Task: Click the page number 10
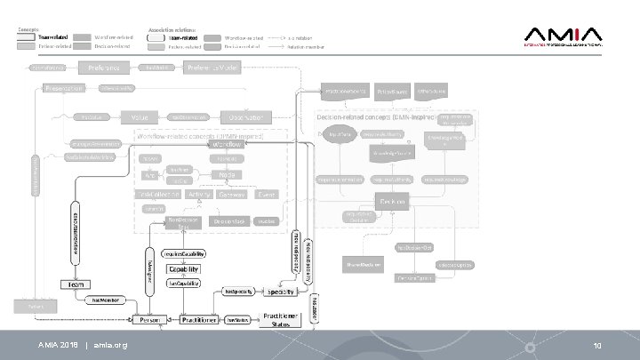pyautogui.click(x=597, y=344)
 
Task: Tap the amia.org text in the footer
pyautogui.click(x=111, y=344)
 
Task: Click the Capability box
pyautogui.click(x=184, y=268)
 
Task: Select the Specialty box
pyautogui.click(x=281, y=291)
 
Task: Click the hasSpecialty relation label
pyautogui.click(x=240, y=291)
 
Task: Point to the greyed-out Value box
pyautogui.click(x=139, y=116)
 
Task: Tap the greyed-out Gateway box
pyautogui.click(x=232, y=194)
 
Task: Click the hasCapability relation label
pyautogui.click(x=183, y=284)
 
